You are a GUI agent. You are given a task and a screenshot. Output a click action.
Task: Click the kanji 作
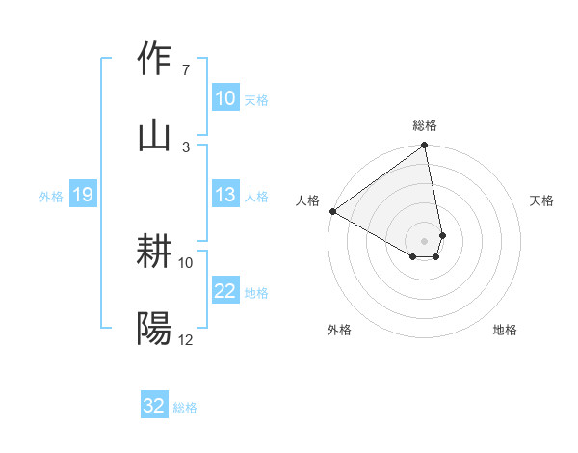point(155,60)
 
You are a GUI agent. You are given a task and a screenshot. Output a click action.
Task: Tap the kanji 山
point(155,135)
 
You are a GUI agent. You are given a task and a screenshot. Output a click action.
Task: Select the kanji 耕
point(155,253)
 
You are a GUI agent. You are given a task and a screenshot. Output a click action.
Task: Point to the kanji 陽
point(155,329)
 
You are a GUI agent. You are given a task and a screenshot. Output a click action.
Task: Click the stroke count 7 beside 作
point(185,70)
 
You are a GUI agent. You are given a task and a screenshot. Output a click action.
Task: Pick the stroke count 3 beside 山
point(185,147)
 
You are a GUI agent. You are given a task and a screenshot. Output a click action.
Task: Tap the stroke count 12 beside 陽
point(186,340)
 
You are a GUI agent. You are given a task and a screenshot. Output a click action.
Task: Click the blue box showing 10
point(224,98)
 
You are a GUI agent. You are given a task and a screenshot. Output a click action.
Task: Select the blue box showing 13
point(224,195)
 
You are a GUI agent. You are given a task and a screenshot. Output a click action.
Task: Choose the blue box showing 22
point(224,291)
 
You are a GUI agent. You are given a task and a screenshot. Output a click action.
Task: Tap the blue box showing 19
point(83,195)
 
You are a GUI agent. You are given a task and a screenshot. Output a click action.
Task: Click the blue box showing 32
point(154,406)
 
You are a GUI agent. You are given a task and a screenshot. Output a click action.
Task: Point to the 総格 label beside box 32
point(185,408)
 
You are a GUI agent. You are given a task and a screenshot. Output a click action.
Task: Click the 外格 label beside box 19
point(51,196)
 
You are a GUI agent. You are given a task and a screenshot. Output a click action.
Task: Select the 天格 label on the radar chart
point(541,200)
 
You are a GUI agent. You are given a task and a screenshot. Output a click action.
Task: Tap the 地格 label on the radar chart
point(505,330)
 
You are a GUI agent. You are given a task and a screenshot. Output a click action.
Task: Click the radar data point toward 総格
point(424,147)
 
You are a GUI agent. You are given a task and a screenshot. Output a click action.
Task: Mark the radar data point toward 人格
point(332,211)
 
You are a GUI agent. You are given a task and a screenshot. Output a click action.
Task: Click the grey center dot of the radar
point(424,240)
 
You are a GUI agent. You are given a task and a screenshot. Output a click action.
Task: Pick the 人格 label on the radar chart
point(307,200)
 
